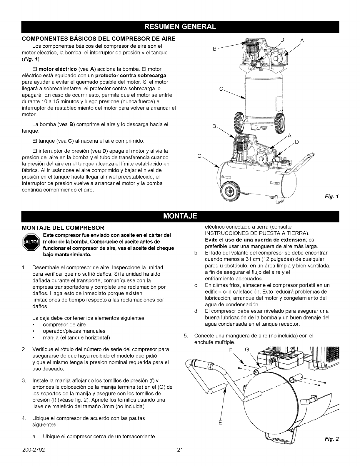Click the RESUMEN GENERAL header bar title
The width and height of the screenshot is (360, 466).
click(180, 26)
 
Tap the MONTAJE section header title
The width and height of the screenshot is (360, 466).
click(180, 217)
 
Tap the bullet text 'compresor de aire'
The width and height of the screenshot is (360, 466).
click(64, 324)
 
